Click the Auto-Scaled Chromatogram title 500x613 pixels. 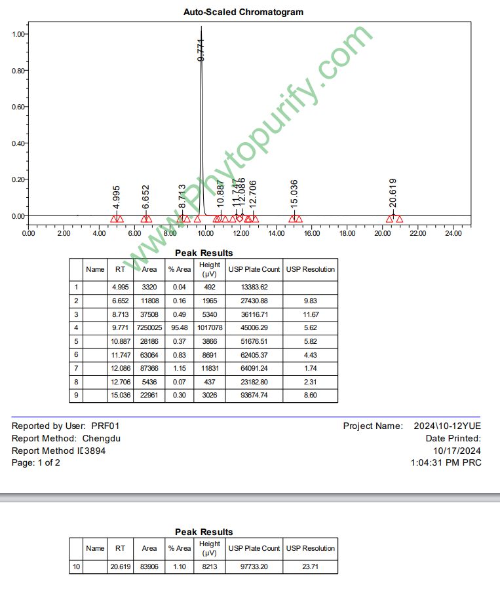(x=243, y=12)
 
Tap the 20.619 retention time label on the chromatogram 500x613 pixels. (x=393, y=193)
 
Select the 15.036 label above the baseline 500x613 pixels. (x=294, y=193)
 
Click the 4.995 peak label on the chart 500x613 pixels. (x=117, y=197)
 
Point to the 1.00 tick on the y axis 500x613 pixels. (x=18, y=34)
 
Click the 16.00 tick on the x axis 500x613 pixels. (x=312, y=233)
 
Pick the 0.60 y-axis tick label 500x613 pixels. (x=18, y=107)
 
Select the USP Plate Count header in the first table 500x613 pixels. (x=254, y=269)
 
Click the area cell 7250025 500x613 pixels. (x=149, y=327)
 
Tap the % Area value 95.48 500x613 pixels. (x=179, y=327)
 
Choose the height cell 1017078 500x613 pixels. (x=210, y=327)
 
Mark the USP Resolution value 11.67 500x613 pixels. (x=311, y=314)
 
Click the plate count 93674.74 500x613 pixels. (x=254, y=396)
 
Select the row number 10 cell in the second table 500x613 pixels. (x=77, y=567)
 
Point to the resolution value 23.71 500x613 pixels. (x=311, y=567)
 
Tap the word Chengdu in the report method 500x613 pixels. (x=102, y=439)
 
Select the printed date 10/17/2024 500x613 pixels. (x=457, y=451)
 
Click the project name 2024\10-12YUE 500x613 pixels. (x=448, y=426)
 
